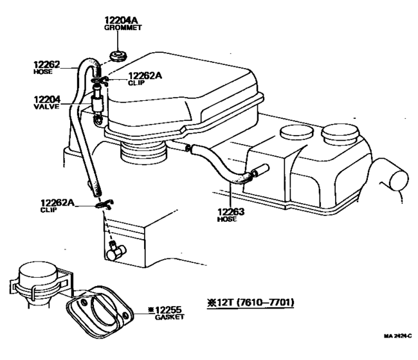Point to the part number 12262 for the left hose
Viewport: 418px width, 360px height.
46,64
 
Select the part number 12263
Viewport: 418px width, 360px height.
230,212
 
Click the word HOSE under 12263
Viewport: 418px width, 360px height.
226,220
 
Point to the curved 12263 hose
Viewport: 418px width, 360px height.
219,165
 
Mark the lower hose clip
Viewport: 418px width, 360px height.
102,204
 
